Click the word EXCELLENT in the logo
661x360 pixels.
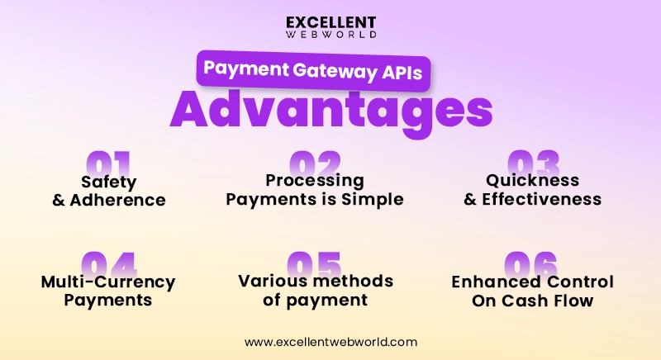(x=330, y=22)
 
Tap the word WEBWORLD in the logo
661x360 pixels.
(x=330, y=36)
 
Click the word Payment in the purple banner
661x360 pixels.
(x=242, y=72)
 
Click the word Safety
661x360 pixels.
(x=108, y=181)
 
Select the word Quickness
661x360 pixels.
(x=532, y=181)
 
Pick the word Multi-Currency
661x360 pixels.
(x=108, y=282)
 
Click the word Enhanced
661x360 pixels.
(x=493, y=282)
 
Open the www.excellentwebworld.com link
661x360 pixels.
(x=330, y=341)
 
